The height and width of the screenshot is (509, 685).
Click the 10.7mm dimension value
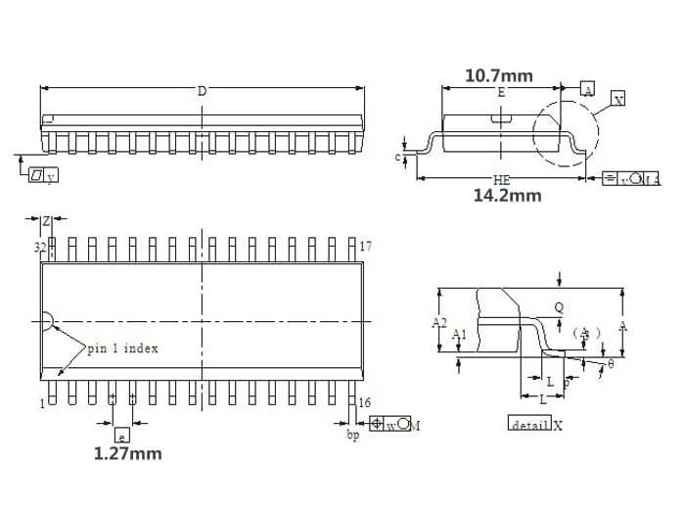click(x=498, y=75)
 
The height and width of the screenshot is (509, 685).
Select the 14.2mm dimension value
click(x=507, y=195)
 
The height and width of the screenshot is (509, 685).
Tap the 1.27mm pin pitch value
click(x=127, y=453)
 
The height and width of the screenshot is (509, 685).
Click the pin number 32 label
click(x=41, y=248)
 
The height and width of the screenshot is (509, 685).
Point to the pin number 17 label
click(x=365, y=246)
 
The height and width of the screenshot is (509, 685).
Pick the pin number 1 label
click(x=43, y=403)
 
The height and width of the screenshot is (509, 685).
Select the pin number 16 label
click(x=365, y=403)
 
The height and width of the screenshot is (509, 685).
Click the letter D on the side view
click(x=202, y=91)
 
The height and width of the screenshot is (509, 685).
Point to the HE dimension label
click(x=502, y=180)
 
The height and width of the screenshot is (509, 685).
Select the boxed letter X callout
click(x=617, y=99)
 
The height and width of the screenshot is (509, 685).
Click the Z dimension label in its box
click(x=45, y=220)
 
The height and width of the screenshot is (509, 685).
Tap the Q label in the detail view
click(x=559, y=306)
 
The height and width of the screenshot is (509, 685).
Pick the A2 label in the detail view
click(x=439, y=321)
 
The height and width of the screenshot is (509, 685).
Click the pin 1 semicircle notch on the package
click(x=46, y=322)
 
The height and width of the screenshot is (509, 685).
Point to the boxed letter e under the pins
click(x=121, y=436)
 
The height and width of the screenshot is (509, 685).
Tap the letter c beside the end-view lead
click(x=398, y=156)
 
